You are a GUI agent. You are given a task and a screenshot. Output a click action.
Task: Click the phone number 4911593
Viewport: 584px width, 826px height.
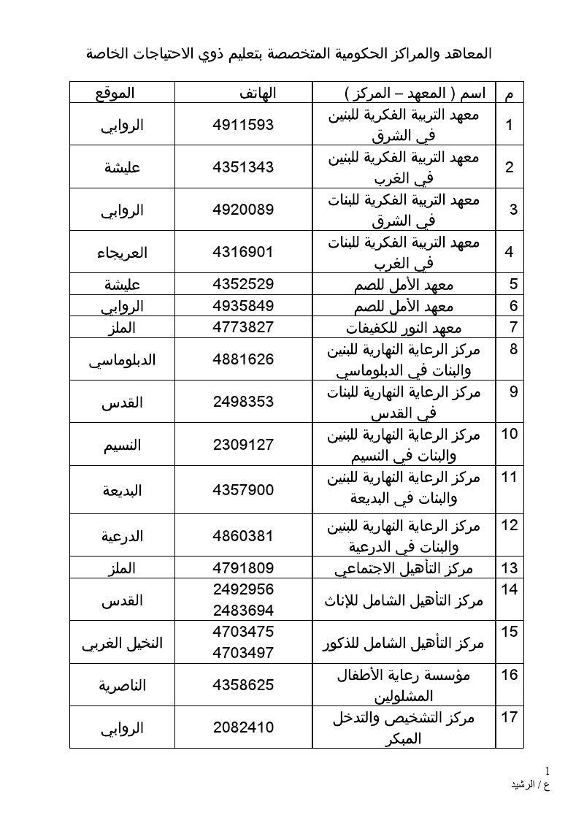pos(243,124)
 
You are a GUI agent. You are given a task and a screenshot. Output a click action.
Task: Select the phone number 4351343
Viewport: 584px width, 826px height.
pos(243,167)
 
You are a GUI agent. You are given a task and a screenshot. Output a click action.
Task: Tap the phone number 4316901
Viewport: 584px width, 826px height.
pos(243,253)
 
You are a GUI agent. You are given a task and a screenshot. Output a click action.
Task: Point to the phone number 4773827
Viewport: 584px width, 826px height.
pos(243,326)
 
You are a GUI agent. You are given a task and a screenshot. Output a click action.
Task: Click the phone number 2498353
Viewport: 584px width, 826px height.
pos(243,402)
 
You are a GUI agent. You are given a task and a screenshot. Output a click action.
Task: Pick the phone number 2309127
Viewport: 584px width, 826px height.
pos(243,444)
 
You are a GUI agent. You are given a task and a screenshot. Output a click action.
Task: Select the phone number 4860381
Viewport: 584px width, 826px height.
pos(243,536)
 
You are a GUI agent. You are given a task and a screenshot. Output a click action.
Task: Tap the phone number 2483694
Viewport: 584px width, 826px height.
pos(243,609)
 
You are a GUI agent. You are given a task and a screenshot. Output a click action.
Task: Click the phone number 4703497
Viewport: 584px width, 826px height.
pos(243,652)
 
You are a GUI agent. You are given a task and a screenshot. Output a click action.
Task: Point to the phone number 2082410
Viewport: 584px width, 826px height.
pos(243,727)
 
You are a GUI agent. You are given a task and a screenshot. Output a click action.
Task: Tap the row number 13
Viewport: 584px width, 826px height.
pos(510,568)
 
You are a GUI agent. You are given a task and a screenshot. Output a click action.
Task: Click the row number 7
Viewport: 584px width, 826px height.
pos(513,326)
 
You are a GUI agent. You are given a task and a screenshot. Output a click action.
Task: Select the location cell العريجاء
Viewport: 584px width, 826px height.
pos(122,253)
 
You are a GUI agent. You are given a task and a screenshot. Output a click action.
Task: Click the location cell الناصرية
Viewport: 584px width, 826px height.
pos(122,685)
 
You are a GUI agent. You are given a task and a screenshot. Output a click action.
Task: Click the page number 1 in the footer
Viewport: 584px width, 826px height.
pos(547,771)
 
